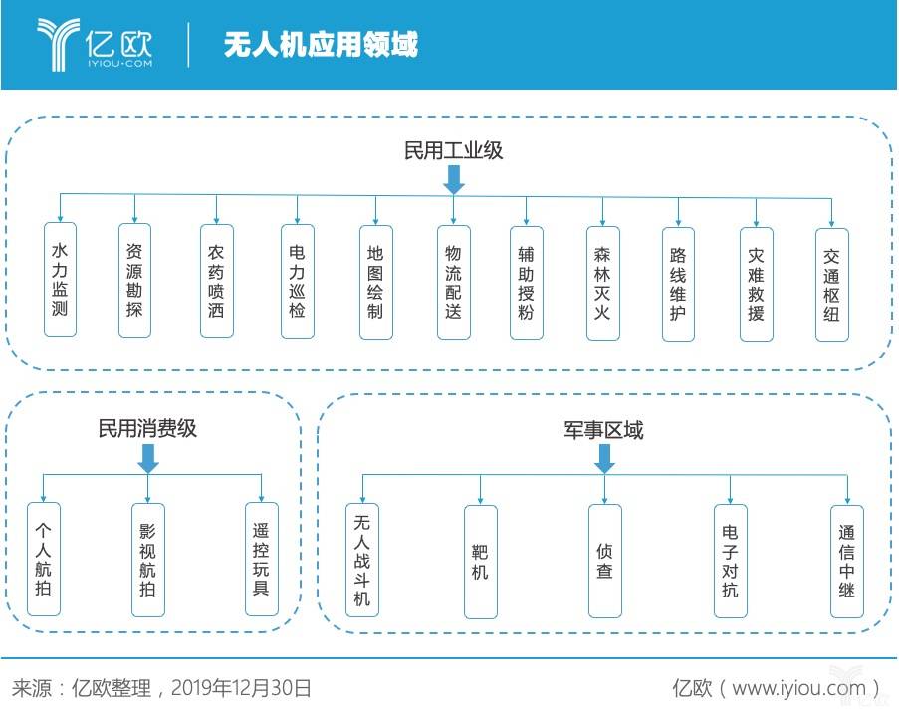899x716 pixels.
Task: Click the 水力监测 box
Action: pos(60,280)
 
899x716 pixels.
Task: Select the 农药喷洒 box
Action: pos(217,281)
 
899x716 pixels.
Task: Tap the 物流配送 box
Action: pos(454,282)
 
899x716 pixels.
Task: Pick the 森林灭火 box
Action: pos(603,283)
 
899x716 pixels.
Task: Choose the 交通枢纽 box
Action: pos(832,285)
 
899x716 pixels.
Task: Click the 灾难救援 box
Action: pos(757,284)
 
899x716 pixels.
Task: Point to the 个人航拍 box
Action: pos(44,559)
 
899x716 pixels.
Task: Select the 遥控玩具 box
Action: pos(262,559)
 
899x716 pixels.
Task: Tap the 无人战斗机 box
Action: pos(362,560)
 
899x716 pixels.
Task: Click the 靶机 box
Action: pos(481,561)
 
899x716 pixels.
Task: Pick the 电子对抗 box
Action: pos(731,561)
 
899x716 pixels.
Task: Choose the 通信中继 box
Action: pos(847,561)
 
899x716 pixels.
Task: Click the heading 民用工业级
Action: pos(454,151)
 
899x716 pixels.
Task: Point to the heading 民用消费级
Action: pos(147,428)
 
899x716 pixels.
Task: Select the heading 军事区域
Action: pos(603,430)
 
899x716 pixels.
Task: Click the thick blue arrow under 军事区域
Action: pos(605,459)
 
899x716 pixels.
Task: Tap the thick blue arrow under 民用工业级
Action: pos(454,180)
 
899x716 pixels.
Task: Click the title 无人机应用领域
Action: pos(321,44)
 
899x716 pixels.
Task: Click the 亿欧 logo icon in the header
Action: pos(58,44)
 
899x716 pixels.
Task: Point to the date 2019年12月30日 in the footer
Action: pos(241,688)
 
